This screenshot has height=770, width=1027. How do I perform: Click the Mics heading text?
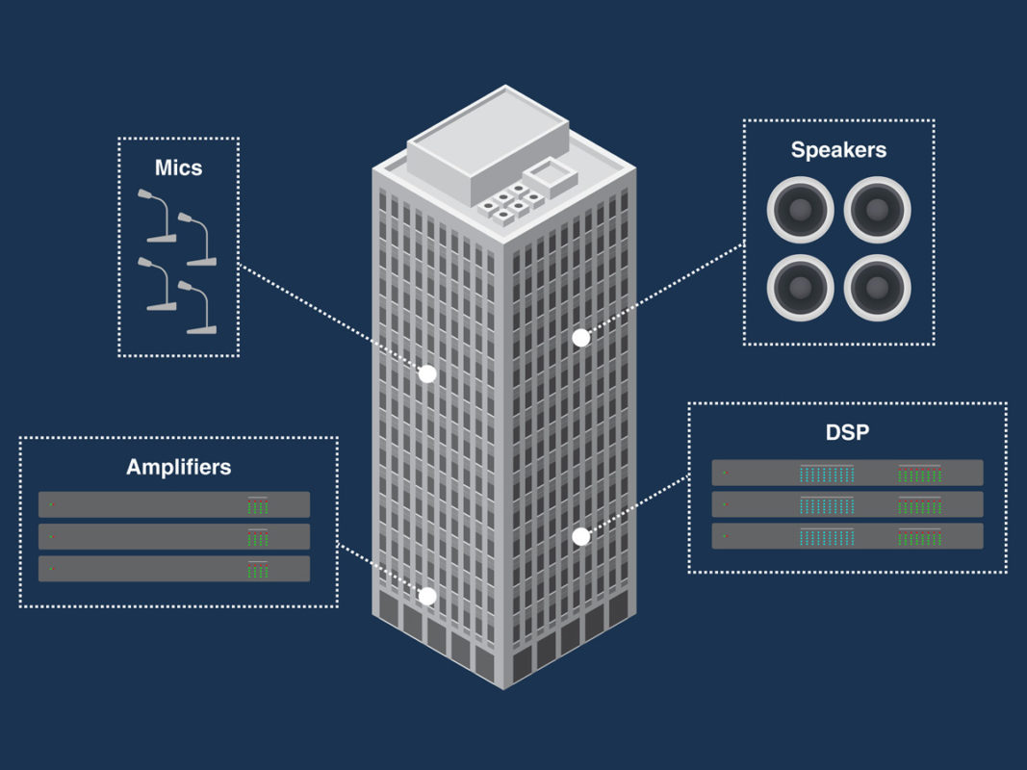(x=179, y=167)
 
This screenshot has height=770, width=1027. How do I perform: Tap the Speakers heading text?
(x=838, y=149)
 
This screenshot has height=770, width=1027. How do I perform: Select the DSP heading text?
(x=847, y=432)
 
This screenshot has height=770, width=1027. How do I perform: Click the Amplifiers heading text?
(x=179, y=468)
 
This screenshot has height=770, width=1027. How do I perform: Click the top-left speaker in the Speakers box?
(x=800, y=209)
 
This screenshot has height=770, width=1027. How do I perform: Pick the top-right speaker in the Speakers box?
(x=877, y=209)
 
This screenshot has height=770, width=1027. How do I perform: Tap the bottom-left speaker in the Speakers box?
(x=800, y=286)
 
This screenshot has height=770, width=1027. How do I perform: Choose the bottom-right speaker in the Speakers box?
(x=877, y=286)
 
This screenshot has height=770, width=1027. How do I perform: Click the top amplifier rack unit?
(x=174, y=504)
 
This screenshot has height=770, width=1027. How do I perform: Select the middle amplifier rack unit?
(x=174, y=536)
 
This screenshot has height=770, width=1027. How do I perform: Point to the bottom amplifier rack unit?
(x=174, y=568)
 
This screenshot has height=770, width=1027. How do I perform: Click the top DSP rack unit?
(x=847, y=473)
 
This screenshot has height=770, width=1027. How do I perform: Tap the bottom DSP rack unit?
(x=847, y=536)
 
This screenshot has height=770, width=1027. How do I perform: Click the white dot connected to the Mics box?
(x=427, y=373)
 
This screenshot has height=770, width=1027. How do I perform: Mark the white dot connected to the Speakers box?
(x=580, y=338)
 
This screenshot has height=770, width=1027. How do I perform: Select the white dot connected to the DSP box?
(x=580, y=536)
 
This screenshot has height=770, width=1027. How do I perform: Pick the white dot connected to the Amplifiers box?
(x=427, y=597)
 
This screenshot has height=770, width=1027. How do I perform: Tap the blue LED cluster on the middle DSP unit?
(x=826, y=504)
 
